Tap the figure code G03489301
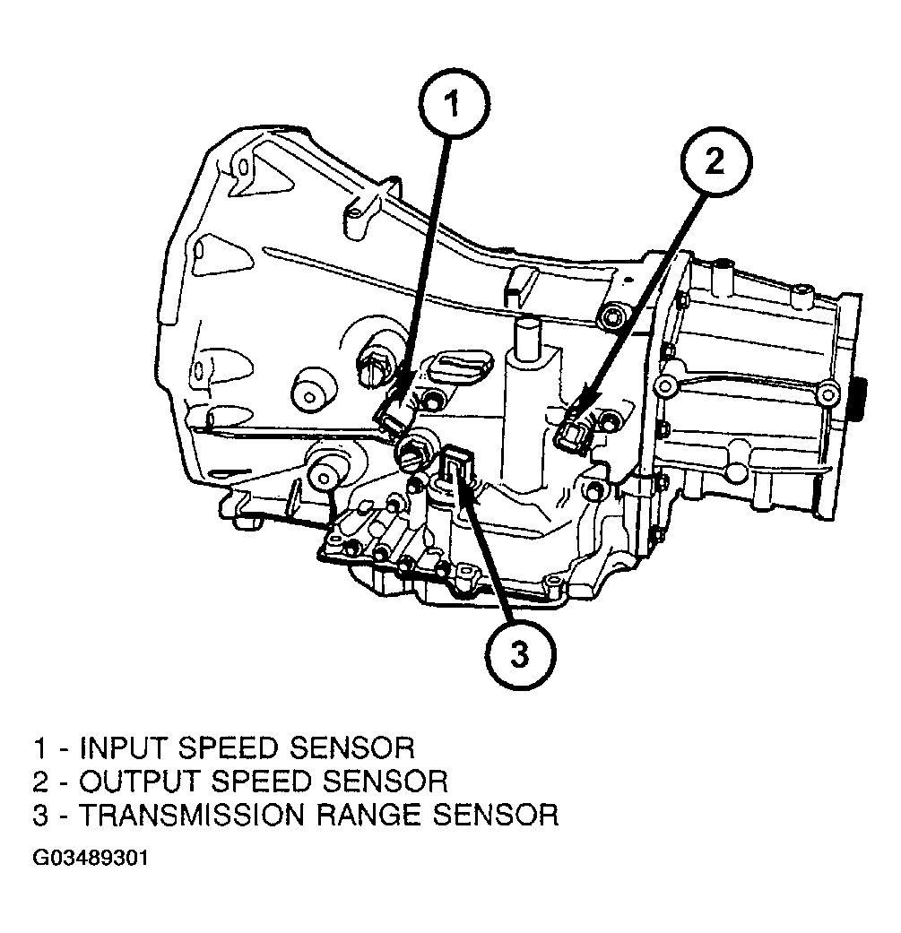click(90, 859)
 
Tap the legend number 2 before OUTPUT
click(40, 782)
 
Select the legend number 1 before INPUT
click(40, 748)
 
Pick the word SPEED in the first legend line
click(230, 748)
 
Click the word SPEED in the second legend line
click(261, 782)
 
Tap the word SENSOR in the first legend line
click(353, 748)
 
